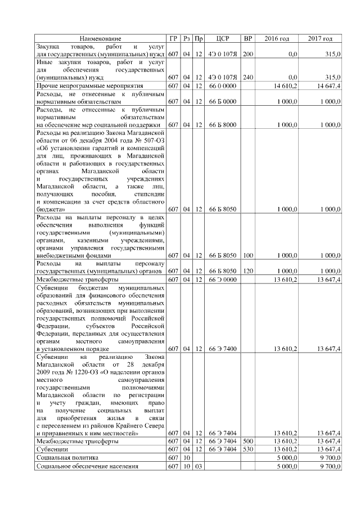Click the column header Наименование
[x=100, y=38]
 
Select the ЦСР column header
[x=223, y=38]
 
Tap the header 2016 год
[x=276, y=38]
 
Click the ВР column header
[x=247, y=38]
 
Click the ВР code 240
[x=247, y=77]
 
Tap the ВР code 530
[x=247, y=450]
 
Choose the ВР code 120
[x=247, y=271]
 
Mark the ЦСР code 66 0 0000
[x=223, y=85]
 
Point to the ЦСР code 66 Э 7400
[x=223, y=349]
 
